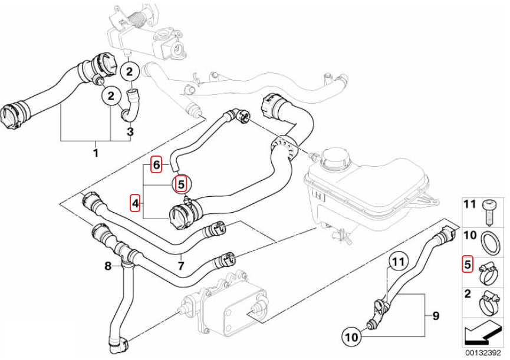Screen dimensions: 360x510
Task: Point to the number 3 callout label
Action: pyautogui.click(x=130, y=131)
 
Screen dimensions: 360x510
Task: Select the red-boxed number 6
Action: pyautogui.click(x=156, y=165)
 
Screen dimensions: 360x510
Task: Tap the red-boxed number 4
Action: pyautogui.click(x=136, y=204)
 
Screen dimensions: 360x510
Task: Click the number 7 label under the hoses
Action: pyautogui.click(x=181, y=266)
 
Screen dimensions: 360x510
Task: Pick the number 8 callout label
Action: pyautogui.click(x=108, y=266)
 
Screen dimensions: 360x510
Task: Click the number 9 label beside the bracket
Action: pyautogui.click(x=436, y=316)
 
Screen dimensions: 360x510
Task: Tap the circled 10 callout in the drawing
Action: pyautogui.click(x=351, y=337)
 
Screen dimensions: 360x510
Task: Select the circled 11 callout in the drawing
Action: pyautogui.click(x=397, y=260)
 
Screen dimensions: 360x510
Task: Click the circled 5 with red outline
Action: pyautogui.click(x=182, y=183)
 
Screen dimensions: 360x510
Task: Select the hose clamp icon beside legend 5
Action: pyautogui.click(x=488, y=270)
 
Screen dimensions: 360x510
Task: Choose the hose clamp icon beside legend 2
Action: pyautogui.click(x=488, y=300)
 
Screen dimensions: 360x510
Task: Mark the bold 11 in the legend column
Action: pyautogui.click(x=469, y=205)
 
